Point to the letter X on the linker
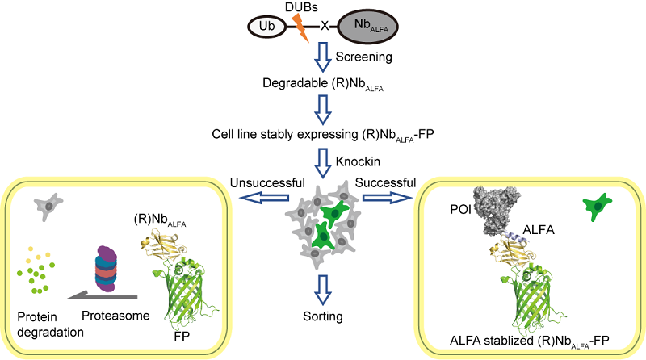click(x=325, y=26)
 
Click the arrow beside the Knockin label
click(x=323, y=161)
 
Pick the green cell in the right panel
click(x=596, y=208)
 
